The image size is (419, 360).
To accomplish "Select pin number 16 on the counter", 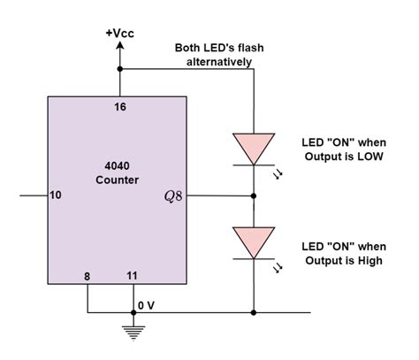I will (x=120, y=106).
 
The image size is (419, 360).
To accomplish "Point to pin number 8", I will (x=87, y=277).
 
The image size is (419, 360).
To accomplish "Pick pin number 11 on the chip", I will (x=133, y=277).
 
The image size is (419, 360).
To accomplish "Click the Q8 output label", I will (x=173, y=195).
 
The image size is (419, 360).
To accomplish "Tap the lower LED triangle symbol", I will (x=254, y=241).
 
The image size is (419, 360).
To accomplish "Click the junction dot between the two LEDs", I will (x=254, y=195).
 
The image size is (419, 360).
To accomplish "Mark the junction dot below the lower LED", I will (x=254, y=312).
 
